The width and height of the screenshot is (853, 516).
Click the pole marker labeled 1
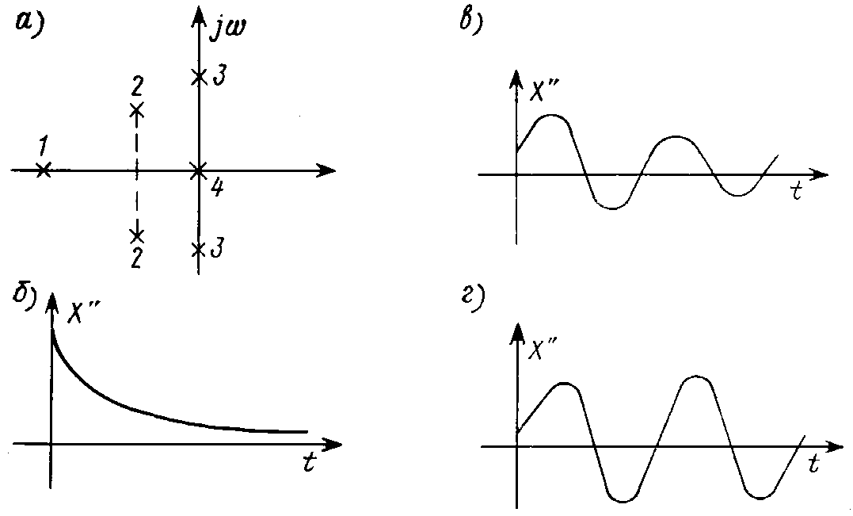[44, 170]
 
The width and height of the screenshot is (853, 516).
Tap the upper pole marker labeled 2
[136, 110]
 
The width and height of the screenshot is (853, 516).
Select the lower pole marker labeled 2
[137, 235]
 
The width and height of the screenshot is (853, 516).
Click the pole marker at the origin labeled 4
[199, 170]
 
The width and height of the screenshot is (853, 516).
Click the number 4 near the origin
[216, 189]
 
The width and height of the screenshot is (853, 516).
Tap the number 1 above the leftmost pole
[43, 147]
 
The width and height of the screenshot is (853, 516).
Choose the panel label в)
[472, 22]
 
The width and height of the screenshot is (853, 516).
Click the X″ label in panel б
[83, 312]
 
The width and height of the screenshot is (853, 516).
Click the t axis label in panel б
[309, 461]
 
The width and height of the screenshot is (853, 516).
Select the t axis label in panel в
[798, 191]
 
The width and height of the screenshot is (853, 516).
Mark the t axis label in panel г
[814, 464]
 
